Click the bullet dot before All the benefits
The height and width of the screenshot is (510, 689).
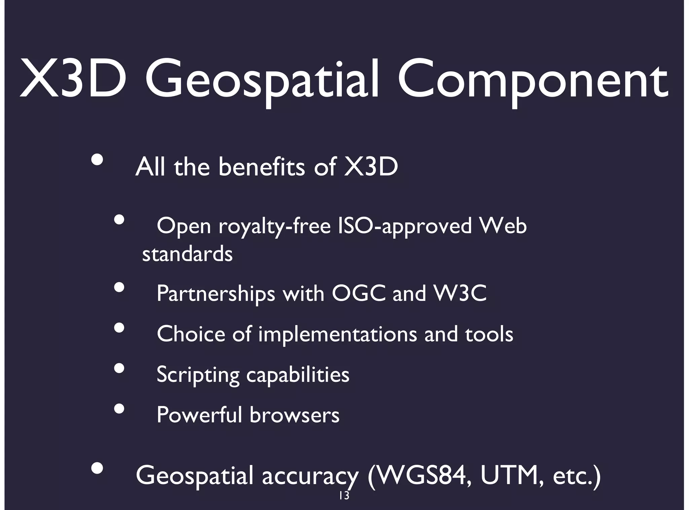(97, 160)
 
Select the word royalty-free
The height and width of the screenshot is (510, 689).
(275, 226)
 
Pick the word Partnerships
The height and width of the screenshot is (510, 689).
(216, 294)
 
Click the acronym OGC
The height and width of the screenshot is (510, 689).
(359, 294)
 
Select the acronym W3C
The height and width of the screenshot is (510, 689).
(460, 294)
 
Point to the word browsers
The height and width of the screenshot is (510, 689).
(294, 415)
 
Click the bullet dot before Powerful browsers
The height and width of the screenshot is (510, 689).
(119, 408)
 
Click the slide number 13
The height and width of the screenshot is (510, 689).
(344, 496)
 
